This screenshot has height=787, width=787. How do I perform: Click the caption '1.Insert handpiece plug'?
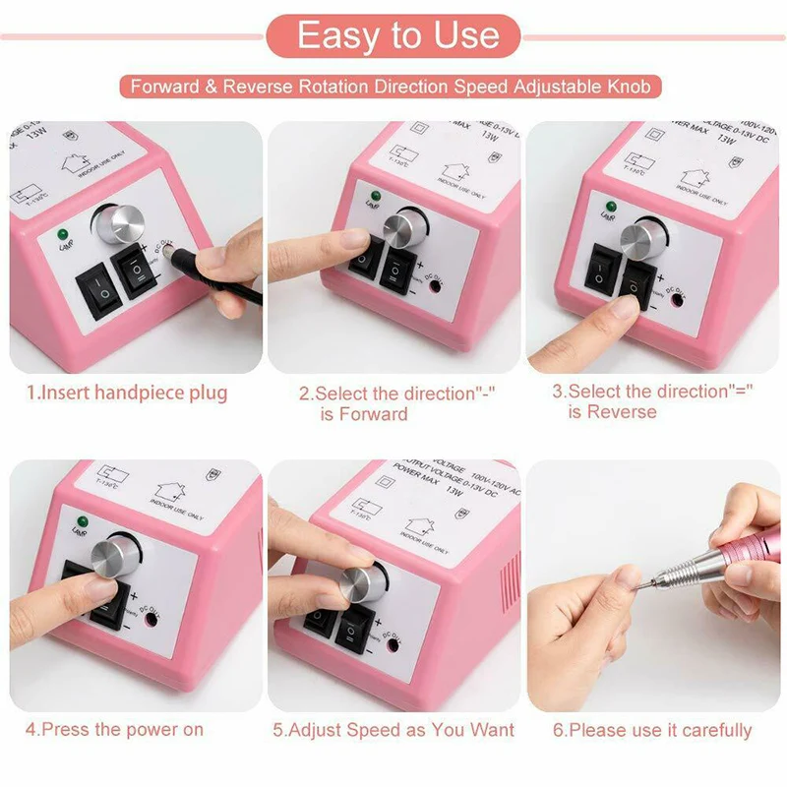(127, 393)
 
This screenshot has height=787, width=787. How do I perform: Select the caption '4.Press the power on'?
(114, 730)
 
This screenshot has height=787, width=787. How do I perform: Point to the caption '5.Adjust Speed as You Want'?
(393, 730)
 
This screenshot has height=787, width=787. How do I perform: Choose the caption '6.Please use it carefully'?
(651, 730)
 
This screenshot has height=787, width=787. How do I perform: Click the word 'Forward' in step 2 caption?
(374, 414)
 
